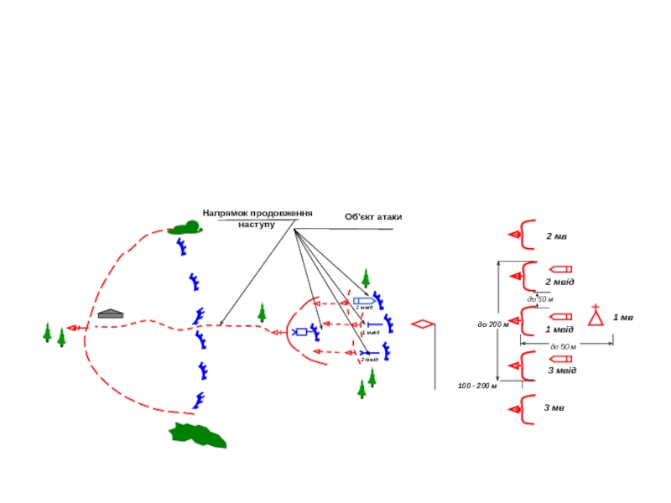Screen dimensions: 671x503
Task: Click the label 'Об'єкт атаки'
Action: pos(372,217)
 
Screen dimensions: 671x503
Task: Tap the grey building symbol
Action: pos(111,314)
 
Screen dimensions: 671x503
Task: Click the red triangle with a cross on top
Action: pos(596,316)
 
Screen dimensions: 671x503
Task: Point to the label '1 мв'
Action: pos(622,318)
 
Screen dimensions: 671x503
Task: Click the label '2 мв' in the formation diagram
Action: pos(556,237)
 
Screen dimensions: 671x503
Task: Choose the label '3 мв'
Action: pos(554,408)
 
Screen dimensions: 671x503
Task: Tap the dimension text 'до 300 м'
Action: pos(493,324)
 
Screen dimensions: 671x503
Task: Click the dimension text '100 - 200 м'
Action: pos(477,386)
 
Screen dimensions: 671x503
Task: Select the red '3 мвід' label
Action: pos(562,370)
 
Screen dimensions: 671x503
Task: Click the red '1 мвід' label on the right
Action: pos(559,329)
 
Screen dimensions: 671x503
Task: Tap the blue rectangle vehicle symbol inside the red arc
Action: pos(300,332)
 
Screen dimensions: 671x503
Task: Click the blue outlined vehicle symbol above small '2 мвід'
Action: pos(363,300)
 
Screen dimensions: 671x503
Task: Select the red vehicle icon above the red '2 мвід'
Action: pos(560,269)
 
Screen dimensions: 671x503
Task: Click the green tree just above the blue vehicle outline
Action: pos(366,277)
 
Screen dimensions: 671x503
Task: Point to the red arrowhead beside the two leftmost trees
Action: pos(74,328)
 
